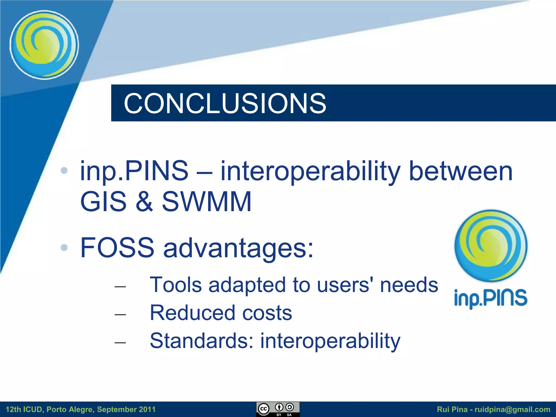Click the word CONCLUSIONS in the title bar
225,103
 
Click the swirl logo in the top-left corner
44,45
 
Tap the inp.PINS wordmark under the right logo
491,298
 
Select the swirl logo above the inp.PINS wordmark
491,246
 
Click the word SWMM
207,201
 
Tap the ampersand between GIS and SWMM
144,201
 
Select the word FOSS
117,248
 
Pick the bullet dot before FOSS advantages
64,247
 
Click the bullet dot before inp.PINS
64,170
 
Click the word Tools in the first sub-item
176,285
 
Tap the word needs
409,285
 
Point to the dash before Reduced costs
120,314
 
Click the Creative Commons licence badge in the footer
278,409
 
